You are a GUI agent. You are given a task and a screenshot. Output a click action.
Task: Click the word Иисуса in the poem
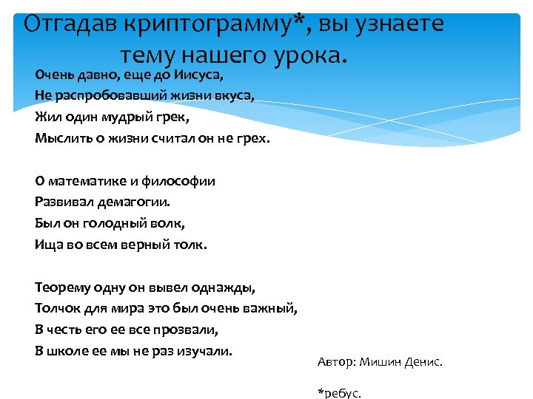tap(202, 75)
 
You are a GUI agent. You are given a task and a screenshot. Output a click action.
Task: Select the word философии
tap(181, 181)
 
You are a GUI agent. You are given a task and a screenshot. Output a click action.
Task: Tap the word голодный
tap(118, 222)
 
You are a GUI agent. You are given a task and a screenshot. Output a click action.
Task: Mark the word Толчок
tap(56, 307)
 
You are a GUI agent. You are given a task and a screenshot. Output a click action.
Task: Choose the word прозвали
tap(192, 328)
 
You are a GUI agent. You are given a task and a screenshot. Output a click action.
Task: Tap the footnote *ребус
tap(340, 393)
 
